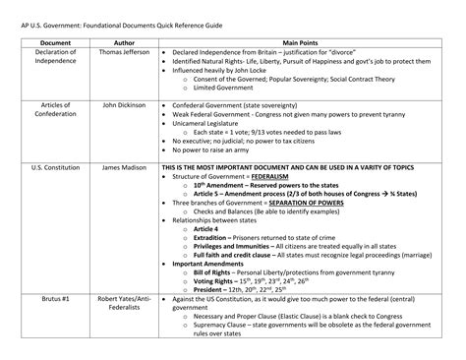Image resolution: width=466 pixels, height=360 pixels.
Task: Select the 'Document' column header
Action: pyautogui.click(x=41, y=42)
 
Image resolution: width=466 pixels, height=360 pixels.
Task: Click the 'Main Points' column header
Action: pyautogui.click(x=305, y=42)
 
